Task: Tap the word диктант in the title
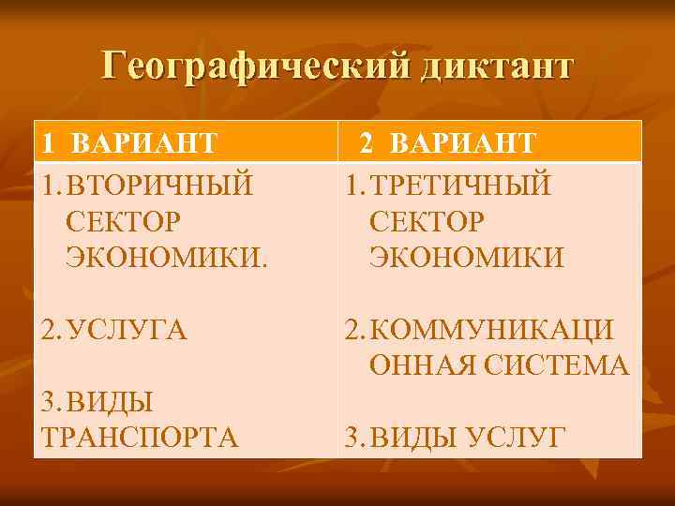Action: click(x=493, y=68)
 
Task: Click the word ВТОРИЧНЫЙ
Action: click(x=159, y=185)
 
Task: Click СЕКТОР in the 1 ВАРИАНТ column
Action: click(x=123, y=220)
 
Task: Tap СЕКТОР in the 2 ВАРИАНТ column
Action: click(x=427, y=220)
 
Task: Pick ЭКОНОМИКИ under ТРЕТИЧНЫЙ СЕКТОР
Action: click(x=467, y=257)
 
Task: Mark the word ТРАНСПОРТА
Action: click(x=140, y=438)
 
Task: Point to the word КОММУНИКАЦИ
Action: click(x=492, y=330)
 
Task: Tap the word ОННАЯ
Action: click(x=414, y=365)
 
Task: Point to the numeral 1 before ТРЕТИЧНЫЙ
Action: click(x=351, y=185)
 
